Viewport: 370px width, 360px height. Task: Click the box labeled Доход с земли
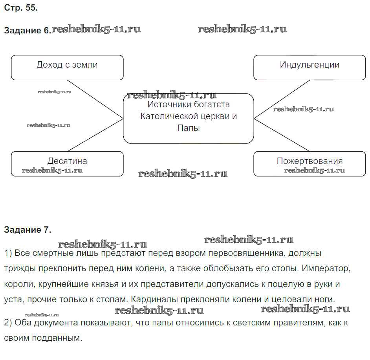click(x=67, y=68)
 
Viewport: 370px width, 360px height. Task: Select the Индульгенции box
click(x=310, y=68)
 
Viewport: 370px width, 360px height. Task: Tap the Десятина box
click(x=67, y=163)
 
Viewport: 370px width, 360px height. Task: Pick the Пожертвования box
click(x=310, y=163)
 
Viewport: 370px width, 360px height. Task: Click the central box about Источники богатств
click(x=189, y=118)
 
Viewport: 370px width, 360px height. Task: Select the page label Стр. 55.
click(x=21, y=7)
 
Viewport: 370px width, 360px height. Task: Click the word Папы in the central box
click(x=189, y=128)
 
